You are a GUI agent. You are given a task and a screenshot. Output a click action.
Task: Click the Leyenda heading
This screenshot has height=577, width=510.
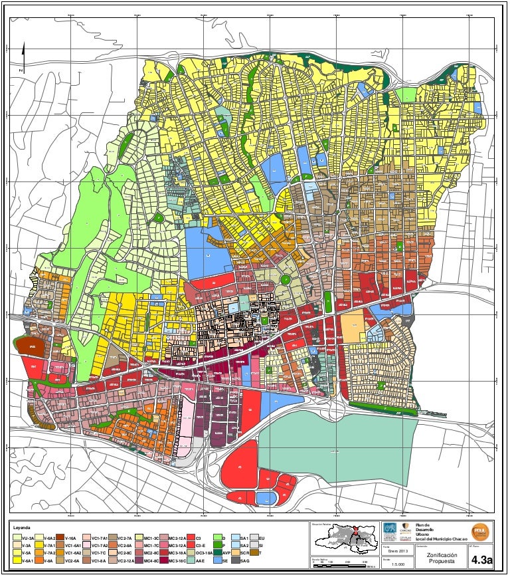pos(23,527)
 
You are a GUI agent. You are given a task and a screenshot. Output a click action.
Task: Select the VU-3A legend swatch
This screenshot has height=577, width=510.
pos(17,538)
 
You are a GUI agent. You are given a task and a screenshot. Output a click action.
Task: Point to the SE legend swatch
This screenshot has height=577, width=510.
pos(217,561)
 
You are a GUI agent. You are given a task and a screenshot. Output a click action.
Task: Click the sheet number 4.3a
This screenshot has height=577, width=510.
pos(481,561)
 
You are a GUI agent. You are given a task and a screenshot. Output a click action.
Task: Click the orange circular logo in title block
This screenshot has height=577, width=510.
pos(479,531)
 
